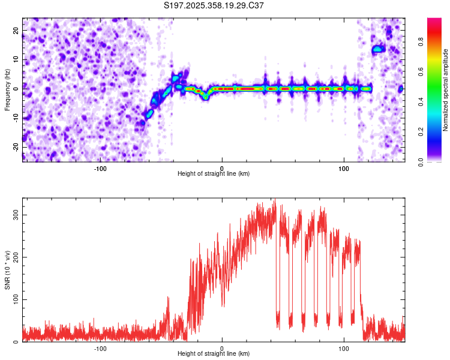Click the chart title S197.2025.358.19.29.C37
(x=214, y=5)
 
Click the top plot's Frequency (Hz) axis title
(x=7, y=89)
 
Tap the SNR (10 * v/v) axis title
(x=7, y=269)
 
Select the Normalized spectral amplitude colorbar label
(x=446, y=89)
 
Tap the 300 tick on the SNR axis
(x=13, y=214)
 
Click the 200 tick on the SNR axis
(x=13, y=257)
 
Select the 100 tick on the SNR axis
(x=13, y=299)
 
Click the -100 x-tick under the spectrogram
(x=100, y=169)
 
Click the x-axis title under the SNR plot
(x=214, y=354)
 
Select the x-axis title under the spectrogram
(x=214, y=174)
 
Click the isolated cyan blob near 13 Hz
(x=377, y=49)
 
